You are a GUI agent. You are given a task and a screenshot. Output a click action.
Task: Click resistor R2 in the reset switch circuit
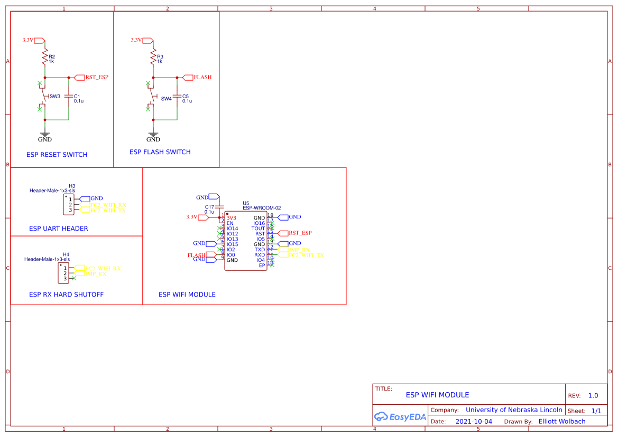(45, 57)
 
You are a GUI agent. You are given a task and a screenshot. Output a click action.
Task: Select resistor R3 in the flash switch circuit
(153, 57)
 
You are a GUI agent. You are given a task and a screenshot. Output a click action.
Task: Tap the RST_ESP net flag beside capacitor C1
(91, 77)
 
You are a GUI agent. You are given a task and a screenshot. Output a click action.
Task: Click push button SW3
(45, 97)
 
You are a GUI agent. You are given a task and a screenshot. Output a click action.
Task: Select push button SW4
(154, 97)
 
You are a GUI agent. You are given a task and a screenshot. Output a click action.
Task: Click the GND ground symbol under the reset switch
(45, 135)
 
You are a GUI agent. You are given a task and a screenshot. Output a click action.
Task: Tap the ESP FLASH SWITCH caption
(160, 152)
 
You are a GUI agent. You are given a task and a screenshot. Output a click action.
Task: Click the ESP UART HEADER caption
(58, 229)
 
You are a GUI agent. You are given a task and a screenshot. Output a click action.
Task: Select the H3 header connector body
(68, 205)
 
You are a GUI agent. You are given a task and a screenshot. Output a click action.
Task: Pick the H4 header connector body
(64, 273)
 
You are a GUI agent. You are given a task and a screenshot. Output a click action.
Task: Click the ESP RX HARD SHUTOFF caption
(66, 294)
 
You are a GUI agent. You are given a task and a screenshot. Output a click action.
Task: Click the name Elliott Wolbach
(561, 422)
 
